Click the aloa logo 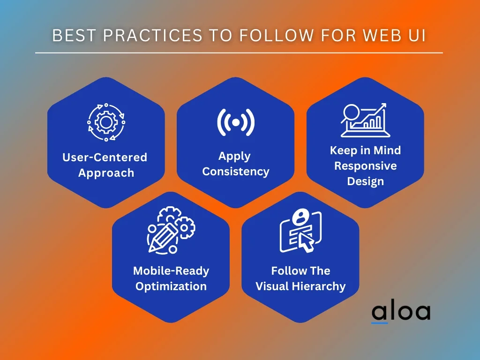(401, 312)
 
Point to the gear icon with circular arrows (106, 122)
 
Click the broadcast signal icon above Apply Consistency (236, 122)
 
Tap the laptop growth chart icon (365, 120)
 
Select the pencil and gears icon (171, 230)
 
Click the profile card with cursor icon (300, 231)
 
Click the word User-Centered (105, 157)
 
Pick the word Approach (106, 173)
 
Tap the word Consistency (236, 172)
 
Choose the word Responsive (366, 166)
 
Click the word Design (366, 181)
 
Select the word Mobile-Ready (171, 271)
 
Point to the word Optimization (171, 286)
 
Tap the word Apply (234, 157)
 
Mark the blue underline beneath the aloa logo (380, 322)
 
